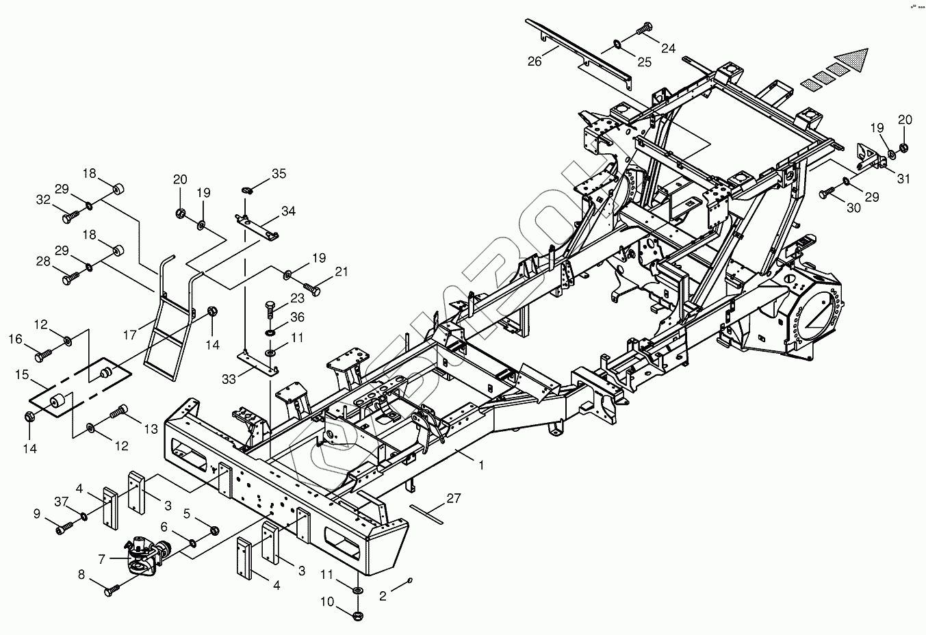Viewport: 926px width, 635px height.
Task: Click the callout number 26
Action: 535,62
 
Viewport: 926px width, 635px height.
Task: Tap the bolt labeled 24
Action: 643,29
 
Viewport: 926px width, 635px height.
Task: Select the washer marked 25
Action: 618,44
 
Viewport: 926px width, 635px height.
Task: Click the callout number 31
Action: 904,179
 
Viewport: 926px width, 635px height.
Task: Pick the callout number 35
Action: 279,174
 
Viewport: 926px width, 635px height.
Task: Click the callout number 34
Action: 288,211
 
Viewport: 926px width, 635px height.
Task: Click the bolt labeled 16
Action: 43,355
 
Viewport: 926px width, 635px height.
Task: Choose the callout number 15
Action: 22,376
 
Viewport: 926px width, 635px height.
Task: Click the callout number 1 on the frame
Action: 481,465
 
